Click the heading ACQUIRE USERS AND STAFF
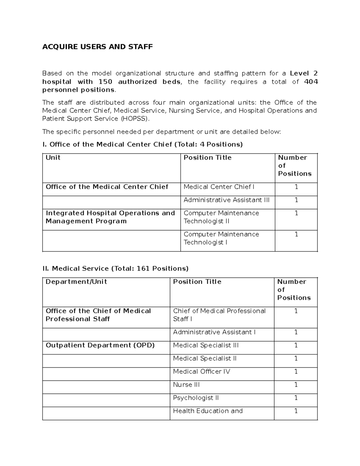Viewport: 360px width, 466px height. point(97,47)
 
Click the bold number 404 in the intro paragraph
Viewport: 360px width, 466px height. point(311,82)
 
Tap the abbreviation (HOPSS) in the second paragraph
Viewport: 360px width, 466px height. point(135,119)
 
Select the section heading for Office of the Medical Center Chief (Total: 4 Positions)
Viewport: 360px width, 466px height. point(142,145)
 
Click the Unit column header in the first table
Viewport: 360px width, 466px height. point(53,158)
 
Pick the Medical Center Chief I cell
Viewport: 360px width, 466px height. point(219,187)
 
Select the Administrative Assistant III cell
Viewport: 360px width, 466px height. point(226,200)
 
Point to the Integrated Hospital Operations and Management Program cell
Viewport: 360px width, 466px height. point(110,217)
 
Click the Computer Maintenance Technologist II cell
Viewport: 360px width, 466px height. point(221,217)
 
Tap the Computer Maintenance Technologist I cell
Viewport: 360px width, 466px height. point(221,239)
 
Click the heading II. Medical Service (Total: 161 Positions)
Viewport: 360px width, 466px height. point(115,269)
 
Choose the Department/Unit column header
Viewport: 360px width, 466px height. point(76,282)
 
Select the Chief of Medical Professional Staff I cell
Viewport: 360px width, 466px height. point(219,315)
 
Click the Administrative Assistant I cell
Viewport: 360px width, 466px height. point(214,332)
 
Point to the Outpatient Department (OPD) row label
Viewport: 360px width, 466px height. point(100,345)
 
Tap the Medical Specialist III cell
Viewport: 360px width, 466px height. point(206,345)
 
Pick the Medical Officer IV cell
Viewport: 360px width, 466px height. point(202,371)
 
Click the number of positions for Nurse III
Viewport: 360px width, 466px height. point(296,385)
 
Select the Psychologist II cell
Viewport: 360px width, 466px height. point(196,398)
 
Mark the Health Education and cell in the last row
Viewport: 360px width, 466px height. point(208,411)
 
